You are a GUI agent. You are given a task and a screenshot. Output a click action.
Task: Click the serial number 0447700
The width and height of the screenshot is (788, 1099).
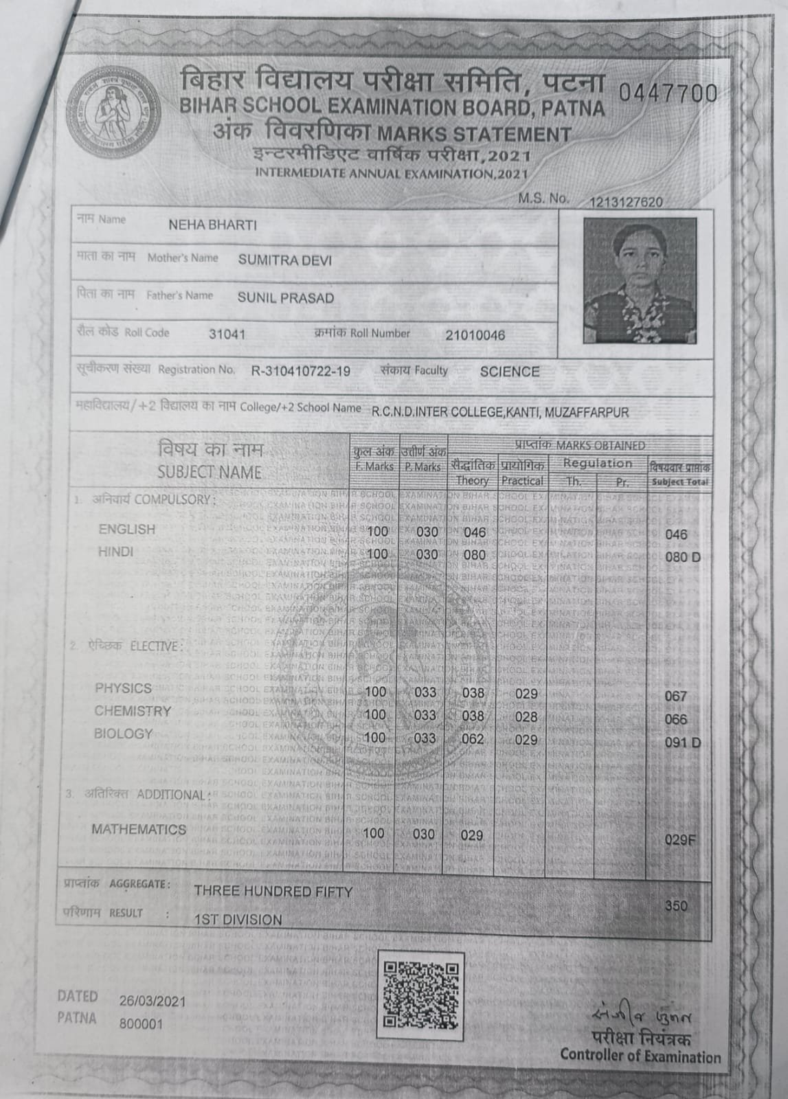668,93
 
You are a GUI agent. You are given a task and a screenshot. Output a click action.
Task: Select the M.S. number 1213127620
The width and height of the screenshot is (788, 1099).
626,202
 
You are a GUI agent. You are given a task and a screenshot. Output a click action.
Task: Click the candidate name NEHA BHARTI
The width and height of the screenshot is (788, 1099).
212,225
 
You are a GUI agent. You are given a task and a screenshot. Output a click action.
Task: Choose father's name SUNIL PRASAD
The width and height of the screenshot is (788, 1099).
286,297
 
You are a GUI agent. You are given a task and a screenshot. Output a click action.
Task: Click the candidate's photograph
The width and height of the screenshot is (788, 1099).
639,280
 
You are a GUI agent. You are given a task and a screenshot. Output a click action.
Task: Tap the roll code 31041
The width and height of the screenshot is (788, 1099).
227,335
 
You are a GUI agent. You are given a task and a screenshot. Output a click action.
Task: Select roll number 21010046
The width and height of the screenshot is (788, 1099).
475,335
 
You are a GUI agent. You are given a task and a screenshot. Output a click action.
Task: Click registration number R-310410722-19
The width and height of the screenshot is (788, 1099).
301,372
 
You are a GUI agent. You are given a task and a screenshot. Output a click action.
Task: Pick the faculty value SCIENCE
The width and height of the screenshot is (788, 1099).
510,372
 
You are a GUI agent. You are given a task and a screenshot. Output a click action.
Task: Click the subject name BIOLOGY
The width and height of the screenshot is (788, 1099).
123,734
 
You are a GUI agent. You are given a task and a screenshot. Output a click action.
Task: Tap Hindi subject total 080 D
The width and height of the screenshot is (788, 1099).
683,556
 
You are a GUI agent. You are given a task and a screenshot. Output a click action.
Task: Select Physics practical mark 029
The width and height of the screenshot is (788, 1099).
526,694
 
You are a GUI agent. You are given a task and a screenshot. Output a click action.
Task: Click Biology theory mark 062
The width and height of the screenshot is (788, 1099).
473,739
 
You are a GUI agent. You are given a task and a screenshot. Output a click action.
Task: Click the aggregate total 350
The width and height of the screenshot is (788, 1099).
676,905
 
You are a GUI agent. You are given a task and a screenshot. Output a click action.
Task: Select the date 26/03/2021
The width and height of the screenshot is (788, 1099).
153,1001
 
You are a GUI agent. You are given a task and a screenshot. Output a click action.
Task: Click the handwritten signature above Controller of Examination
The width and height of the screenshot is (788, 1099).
640,1016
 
